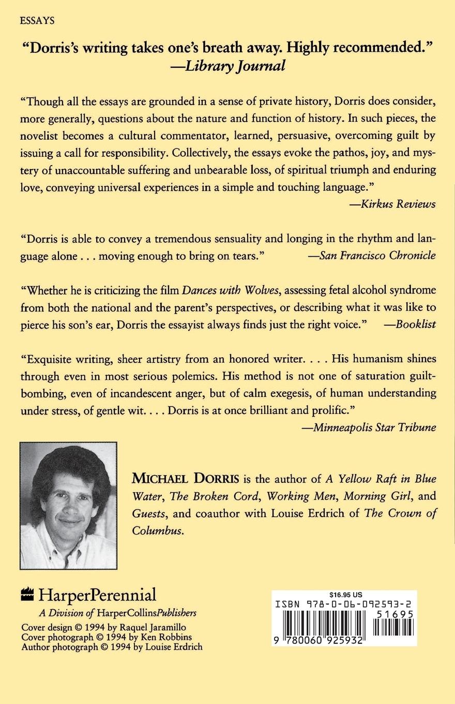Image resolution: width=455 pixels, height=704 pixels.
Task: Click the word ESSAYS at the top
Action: [37, 21]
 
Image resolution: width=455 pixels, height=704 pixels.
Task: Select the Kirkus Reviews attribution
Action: [392, 204]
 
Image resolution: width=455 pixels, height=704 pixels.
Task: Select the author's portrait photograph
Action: [68, 505]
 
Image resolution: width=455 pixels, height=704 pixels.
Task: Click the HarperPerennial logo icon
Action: [27, 595]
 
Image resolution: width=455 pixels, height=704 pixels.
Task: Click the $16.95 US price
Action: [344, 595]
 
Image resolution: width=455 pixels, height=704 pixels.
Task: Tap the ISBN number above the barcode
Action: [344, 604]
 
